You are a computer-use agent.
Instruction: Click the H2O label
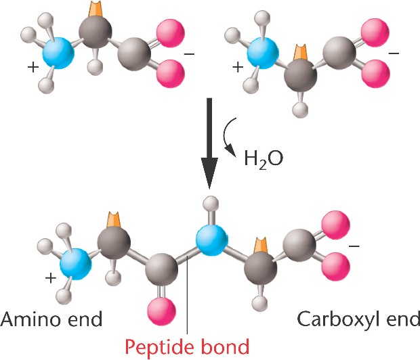coord(264,159)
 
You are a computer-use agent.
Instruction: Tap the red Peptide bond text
coord(187,346)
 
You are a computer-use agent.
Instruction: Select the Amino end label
coord(51,319)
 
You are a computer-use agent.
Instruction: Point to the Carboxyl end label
coord(358,319)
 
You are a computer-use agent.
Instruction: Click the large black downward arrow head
coord(209,173)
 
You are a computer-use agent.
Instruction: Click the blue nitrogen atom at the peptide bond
coord(212,240)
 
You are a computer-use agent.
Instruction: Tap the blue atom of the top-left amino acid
coord(59,53)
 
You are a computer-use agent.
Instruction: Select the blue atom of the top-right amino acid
coord(263,53)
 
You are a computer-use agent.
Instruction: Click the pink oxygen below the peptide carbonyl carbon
coord(161,312)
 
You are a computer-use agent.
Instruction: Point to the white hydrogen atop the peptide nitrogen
coord(211,204)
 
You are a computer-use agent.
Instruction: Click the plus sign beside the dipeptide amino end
coord(51,278)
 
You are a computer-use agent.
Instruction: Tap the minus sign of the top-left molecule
coord(189,54)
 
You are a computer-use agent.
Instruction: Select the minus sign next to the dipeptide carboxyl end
coord(354,246)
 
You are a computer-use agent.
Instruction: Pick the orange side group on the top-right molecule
coord(300,53)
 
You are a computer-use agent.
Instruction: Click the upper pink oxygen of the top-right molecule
coord(375,32)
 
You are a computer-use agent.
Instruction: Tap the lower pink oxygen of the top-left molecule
coord(171,74)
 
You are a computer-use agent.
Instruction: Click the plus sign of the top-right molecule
coord(238,67)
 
